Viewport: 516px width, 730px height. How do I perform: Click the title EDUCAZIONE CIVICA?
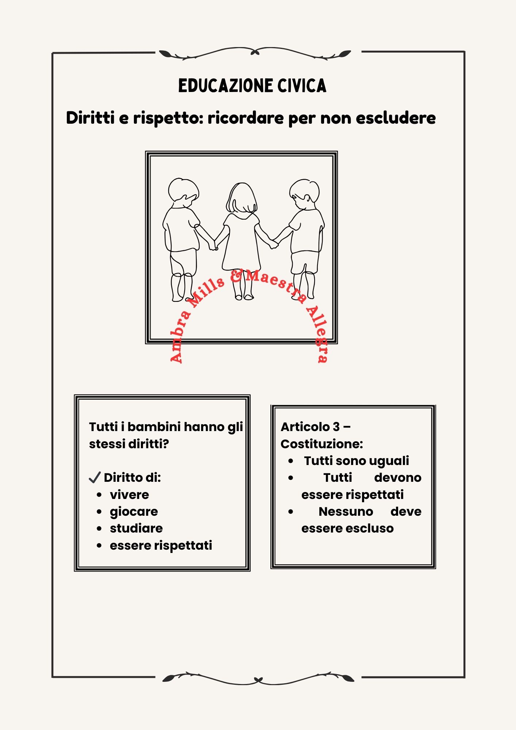click(252, 86)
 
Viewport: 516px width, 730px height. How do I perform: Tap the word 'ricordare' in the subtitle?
click(246, 118)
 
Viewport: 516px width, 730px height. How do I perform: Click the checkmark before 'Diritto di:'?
click(95, 477)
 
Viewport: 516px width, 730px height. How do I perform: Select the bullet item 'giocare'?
click(134, 512)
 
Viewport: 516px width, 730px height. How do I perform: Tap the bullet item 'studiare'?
click(136, 529)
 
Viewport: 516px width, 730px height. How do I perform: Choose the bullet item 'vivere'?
click(130, 495)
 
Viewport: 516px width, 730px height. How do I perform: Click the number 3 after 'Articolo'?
click(336, 427)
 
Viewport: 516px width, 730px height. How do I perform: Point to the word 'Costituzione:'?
click(321, 444)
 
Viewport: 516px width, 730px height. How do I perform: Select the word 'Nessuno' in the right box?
click(346, 512)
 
